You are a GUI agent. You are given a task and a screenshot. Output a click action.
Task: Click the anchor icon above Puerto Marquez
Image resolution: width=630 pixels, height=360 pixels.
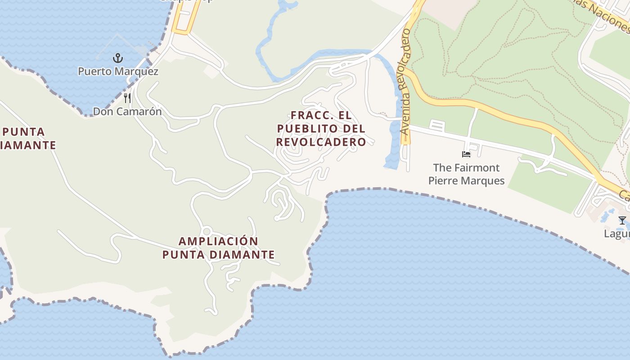coord(117,58)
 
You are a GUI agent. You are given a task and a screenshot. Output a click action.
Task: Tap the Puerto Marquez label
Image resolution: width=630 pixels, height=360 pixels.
coord(118,72)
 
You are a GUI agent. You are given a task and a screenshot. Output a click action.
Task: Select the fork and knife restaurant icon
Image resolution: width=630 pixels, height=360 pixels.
coord(128,98)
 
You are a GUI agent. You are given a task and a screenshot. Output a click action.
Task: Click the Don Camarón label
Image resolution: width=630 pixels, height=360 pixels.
coord(127,111)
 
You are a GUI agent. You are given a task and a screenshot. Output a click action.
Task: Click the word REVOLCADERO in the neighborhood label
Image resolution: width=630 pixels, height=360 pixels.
coord(321,142)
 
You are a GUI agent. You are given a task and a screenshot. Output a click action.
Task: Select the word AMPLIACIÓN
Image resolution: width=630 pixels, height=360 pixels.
coord(219,241)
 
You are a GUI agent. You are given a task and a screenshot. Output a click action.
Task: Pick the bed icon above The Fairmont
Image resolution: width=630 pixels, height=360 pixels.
coord(466,154)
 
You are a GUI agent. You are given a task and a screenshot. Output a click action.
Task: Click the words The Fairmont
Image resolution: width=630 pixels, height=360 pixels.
coord(466,168)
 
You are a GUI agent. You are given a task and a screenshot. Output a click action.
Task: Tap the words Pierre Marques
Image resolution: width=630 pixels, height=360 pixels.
coord(466,181)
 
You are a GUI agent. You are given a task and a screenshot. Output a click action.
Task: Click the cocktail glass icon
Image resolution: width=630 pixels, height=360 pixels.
coord(622,220)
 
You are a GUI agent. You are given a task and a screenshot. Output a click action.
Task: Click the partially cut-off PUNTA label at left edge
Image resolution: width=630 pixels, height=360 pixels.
coord(24,132)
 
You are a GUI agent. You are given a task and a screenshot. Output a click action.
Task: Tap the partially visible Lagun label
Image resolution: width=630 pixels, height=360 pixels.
coord(616,234)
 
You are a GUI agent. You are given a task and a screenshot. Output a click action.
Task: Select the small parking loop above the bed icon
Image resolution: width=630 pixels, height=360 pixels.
coord(437,126)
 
